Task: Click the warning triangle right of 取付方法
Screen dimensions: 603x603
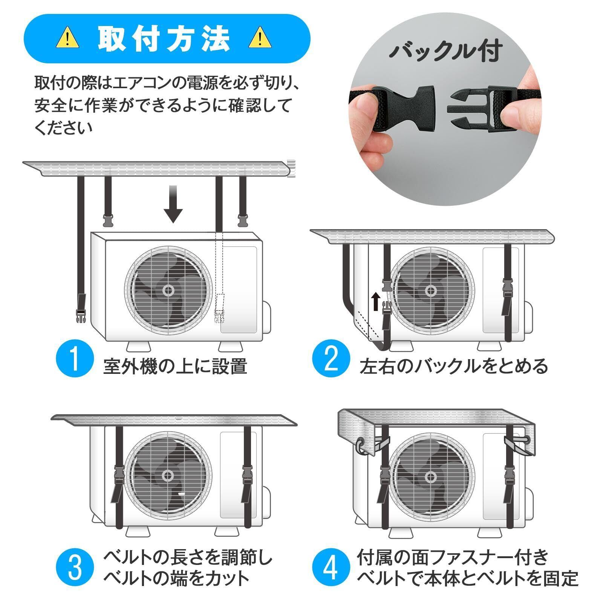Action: pyautogui.click(x=260, y=38)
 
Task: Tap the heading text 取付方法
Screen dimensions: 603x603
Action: pyautogui.click(x=164, y=38)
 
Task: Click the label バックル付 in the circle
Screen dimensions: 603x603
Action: pyautogui.click(x=445, y=51)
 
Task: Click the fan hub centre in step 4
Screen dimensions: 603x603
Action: pyautogui.click(x=431, y=477)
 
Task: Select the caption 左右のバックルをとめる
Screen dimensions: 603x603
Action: pyautogui.click(x=454, y=366)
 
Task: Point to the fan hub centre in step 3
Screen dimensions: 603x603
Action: pyautogui.click(x=168, y=476)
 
